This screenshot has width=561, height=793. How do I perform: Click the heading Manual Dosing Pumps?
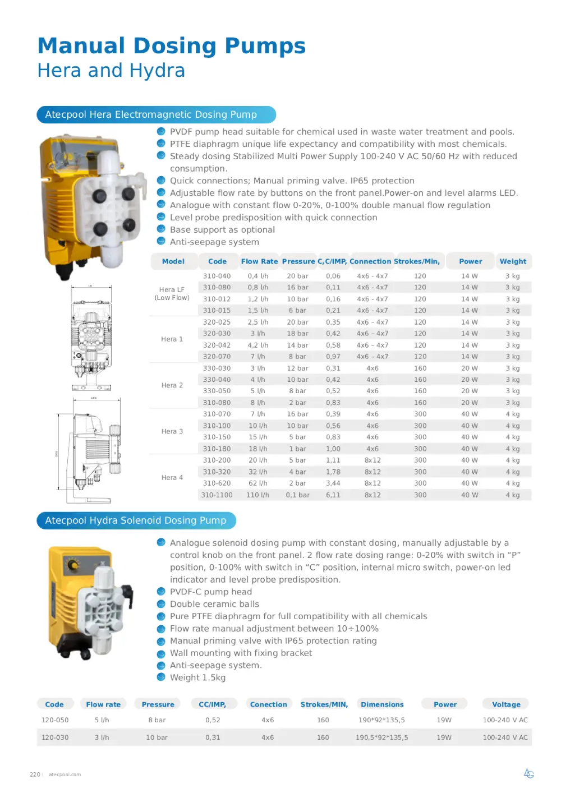(172, 46)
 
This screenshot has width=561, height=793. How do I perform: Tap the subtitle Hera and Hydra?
(111, 71)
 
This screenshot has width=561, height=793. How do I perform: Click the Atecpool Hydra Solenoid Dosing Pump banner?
(136, 520)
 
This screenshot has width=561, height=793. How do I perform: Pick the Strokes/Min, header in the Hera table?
(417, 261)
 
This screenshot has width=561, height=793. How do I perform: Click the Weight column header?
(513, 261)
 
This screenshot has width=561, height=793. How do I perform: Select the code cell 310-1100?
(217, 495)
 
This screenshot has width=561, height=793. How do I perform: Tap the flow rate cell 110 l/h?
(257, 495)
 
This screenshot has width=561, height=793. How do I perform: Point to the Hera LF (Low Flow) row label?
(172, 294)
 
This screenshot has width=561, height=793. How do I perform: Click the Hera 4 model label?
(172, 478)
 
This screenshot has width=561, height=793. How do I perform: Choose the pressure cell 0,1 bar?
(297, 495)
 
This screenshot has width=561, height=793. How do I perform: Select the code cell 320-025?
(217, 322)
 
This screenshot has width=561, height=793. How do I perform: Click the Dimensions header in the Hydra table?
(382, 704)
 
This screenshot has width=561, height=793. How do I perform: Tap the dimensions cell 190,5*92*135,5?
(381, 737)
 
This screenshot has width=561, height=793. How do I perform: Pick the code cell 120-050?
(55, 720)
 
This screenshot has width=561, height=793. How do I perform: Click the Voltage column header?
(506, 704)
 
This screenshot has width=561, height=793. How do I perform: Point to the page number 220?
(35, 774)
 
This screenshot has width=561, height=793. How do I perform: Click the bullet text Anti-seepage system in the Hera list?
(214, 242)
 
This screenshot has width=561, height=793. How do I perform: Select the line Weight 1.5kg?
(197, 677)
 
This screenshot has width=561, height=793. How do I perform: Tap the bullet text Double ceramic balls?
(214, 604)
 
